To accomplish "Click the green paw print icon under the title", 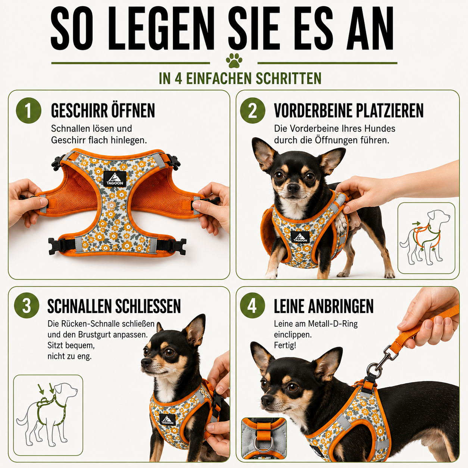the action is [x=234, y=61].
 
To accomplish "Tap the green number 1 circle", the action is [x=29, y=110].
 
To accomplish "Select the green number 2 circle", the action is [x=253, y=110].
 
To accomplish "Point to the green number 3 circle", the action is [x=26, y=305].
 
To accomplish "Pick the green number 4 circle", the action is [x=252, y=305].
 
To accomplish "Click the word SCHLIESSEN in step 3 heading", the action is [x=148, y=306].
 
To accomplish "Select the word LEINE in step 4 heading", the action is [x=289, y=306].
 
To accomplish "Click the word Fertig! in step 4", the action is [x=285, y=345].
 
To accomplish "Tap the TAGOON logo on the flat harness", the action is [x=115, y=179].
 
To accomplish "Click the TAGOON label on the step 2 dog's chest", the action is [x=300, y=237].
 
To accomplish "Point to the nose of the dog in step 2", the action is [x=293, y=188].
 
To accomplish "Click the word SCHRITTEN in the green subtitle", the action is [x=288, y=78].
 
